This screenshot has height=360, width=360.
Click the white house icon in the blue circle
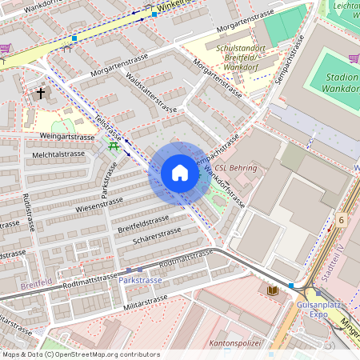[179, 174]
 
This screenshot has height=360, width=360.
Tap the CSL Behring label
[236, 168]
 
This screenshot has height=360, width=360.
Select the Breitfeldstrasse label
[143, 223]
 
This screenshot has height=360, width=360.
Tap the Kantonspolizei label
[234, 342]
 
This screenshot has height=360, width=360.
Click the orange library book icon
[273, 290]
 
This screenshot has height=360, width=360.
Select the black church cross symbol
[41, 94]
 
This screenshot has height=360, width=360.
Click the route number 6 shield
[341, 220]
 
